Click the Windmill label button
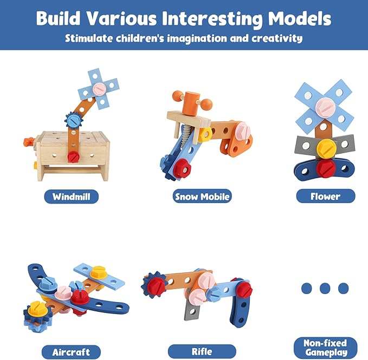71,196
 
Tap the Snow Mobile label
202,197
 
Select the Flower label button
325,196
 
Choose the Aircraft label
71,352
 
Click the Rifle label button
202,351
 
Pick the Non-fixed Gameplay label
325,347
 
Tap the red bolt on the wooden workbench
73,156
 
